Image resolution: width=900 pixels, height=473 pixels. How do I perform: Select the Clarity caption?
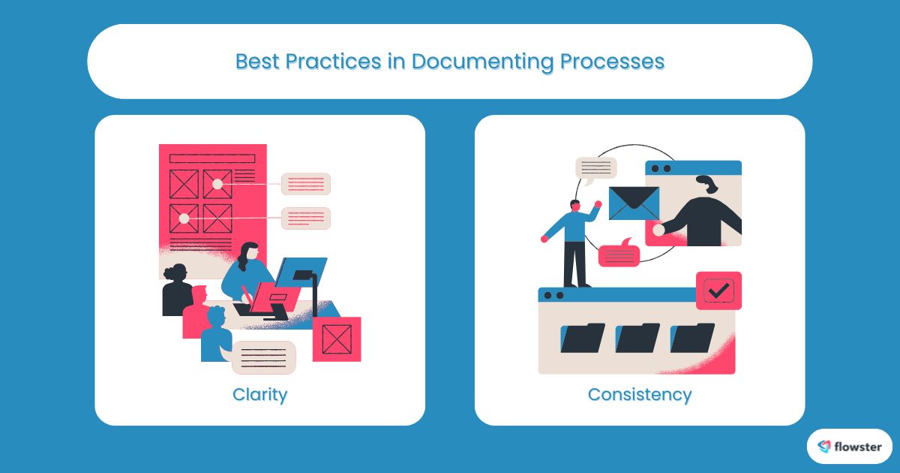259,394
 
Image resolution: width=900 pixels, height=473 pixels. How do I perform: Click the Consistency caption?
639,394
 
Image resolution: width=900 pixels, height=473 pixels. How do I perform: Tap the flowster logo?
849,447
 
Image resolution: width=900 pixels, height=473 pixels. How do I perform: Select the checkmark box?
718,291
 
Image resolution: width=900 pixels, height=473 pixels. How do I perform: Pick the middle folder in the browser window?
637,338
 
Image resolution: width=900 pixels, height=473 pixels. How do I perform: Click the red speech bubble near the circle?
619,254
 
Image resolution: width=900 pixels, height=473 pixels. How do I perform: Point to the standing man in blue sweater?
574,240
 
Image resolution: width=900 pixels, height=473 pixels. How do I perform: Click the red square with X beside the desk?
336,339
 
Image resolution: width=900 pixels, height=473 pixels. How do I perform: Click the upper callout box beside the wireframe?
305,184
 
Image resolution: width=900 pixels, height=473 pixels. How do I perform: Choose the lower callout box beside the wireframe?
305,218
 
